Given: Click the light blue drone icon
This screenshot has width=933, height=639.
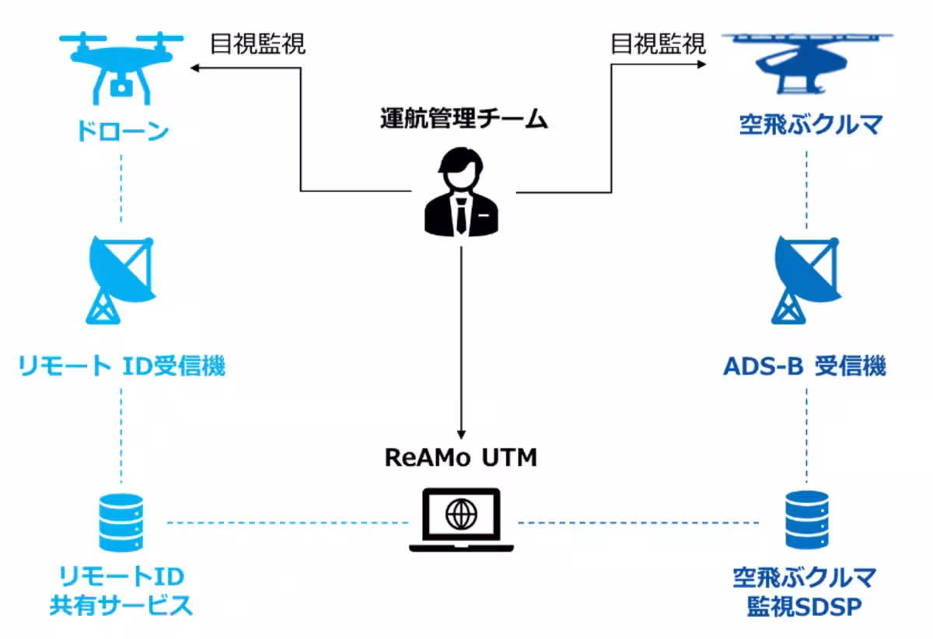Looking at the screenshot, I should click(x=121, y=68).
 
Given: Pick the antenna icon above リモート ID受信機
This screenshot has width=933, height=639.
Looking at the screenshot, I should click(x=121, y=280).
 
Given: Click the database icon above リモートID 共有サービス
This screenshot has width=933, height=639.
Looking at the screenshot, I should click(x=121, y=522).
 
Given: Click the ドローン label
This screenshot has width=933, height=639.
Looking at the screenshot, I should click(x=121, y=131).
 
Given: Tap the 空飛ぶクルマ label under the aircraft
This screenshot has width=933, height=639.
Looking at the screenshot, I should click(x=809, y=124).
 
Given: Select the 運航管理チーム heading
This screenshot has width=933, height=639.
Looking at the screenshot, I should click(x=463, y=119).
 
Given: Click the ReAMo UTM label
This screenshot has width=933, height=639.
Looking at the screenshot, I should click(x=461, y=457).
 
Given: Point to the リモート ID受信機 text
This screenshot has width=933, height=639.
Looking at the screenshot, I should click(x=121, y=365).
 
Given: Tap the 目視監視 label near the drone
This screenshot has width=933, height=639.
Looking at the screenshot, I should click(x=258, y=44).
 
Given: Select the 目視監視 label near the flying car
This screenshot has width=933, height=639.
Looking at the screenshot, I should click(x=658, y=44).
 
